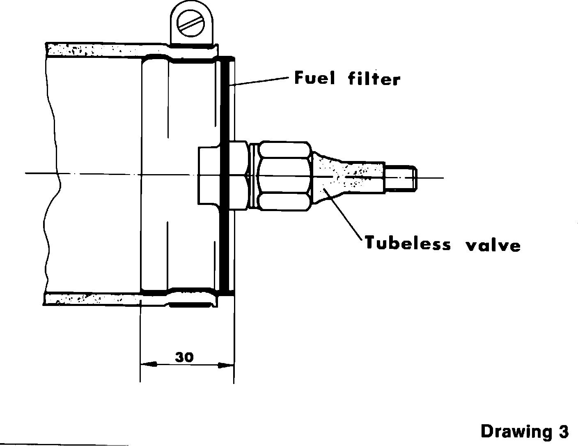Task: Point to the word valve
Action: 493,245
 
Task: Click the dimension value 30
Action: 184,357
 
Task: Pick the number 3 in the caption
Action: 563,432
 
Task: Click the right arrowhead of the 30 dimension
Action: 225,364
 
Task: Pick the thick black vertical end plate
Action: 224,177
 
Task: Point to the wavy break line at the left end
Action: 53,177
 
